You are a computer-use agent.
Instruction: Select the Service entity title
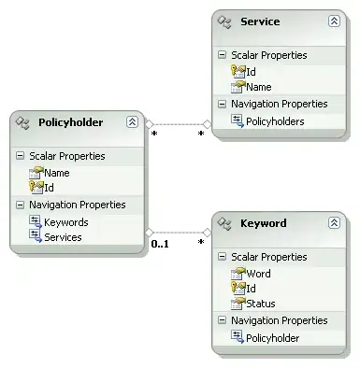tap(260, 21)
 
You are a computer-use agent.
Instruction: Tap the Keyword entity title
tap(263, 224)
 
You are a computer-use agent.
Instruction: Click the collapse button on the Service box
tap(334, 21)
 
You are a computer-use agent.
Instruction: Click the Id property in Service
tap(252, 71)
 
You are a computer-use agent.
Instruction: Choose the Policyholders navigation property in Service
tap(275, 120)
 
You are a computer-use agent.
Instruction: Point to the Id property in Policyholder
tap(49, 188)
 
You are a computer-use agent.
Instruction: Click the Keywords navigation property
tap(65, 222)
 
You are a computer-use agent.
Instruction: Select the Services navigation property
tap(62, 237)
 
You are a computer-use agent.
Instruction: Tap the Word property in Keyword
tap(258, 274)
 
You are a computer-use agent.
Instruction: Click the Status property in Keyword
tap(261, 304)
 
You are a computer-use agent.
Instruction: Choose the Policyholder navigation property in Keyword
tap(272, 338)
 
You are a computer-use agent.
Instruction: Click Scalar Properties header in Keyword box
tap(269, 257)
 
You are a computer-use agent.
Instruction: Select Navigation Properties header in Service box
tap(279, 104)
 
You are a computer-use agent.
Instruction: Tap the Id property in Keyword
tap(251, 289)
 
